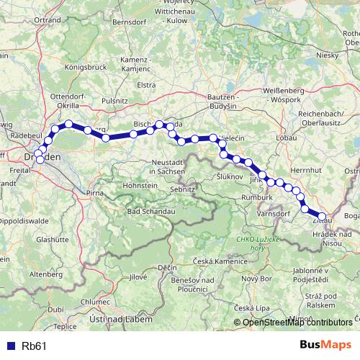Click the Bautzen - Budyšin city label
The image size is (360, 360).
[218, 101]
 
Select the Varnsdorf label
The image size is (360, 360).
[275, 212]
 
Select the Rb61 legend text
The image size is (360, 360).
[34, 346]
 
